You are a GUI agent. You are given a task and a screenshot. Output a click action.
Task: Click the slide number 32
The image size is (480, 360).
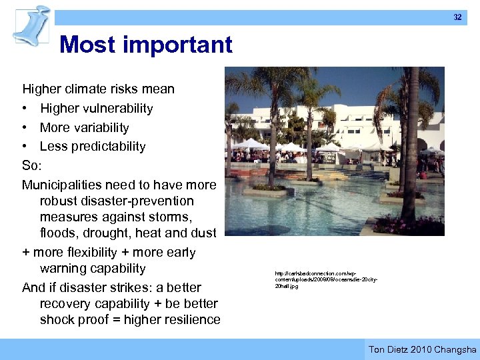(457, 17)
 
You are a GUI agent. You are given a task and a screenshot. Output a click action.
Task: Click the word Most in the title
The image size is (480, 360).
(85, 45)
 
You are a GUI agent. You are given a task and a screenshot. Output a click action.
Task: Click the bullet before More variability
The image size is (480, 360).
(25, 127)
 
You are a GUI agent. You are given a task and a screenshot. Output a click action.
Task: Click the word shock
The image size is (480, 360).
(57, 319)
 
